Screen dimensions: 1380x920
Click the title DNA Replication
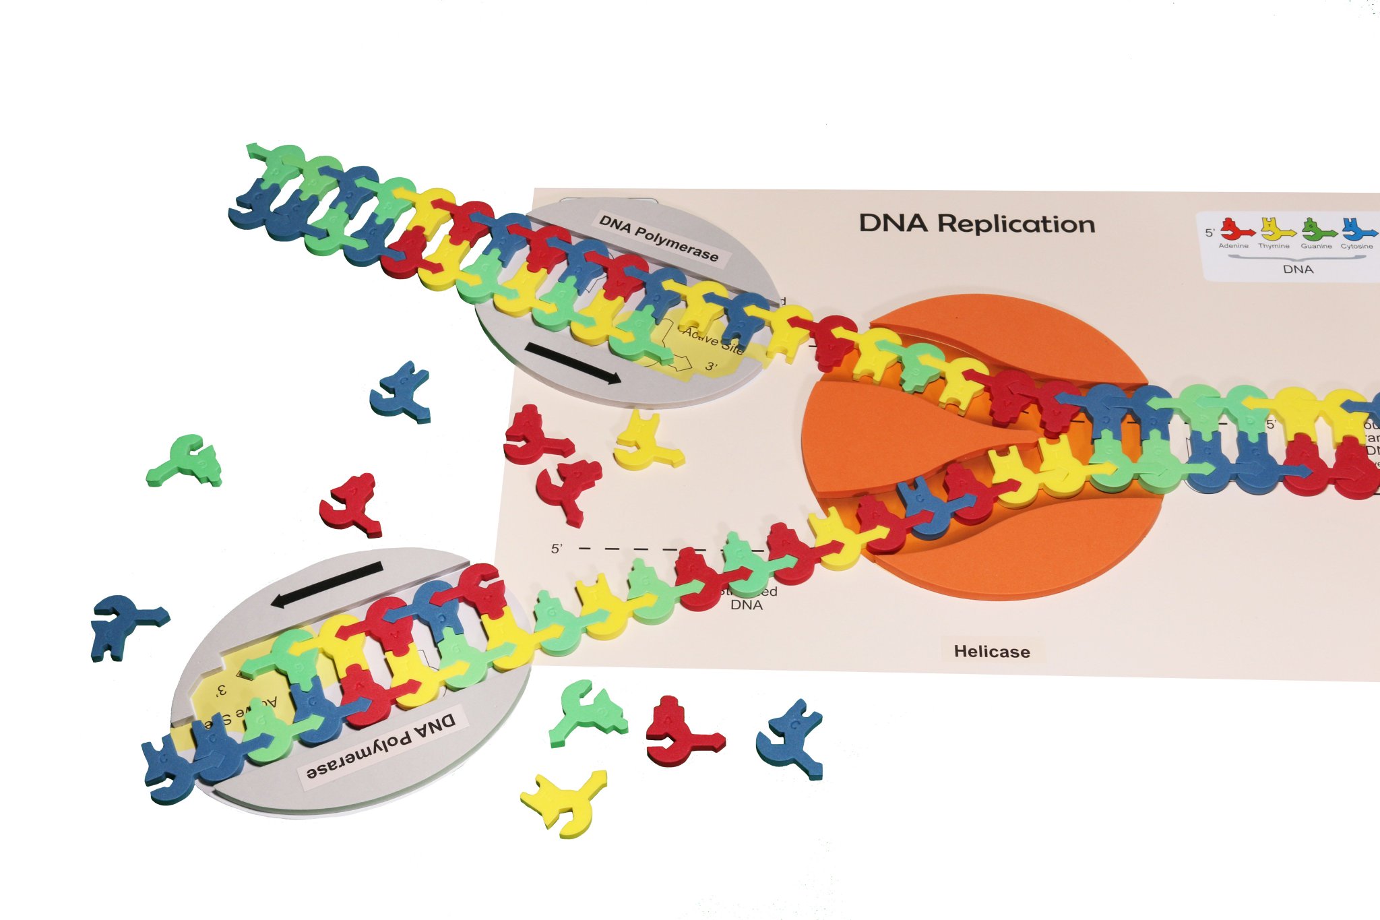point(976,224)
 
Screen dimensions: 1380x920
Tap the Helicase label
point(991,652)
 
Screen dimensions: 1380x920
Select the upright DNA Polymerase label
point(658,238)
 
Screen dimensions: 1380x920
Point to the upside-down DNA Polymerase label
point(381,747)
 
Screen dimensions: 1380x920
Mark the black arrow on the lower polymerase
point(327,584)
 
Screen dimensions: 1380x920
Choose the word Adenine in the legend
point(1233,246)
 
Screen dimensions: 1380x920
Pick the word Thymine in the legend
point(1274,246)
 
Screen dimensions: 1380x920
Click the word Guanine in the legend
point(1316,246)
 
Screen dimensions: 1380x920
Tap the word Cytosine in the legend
point(1356,246)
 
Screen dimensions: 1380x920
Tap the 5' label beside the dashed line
point(557,549)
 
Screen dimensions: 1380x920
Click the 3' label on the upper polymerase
point(712,367)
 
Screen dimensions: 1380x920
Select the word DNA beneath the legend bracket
point(1298,269)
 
